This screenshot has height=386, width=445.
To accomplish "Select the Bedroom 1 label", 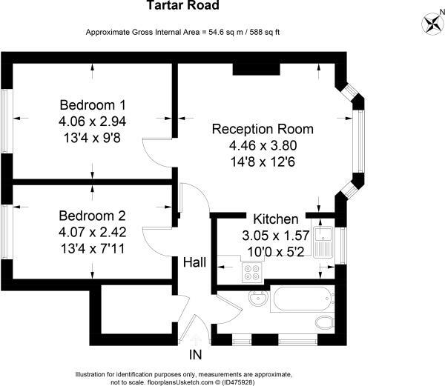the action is tap(92, 104).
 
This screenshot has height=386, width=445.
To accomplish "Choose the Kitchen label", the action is tap(276, 219).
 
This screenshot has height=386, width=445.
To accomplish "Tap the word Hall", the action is tap(196, 262).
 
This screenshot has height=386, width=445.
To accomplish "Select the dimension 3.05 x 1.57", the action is tap(276, 236).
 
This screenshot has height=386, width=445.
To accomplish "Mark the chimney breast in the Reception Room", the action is tap(256, 68).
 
